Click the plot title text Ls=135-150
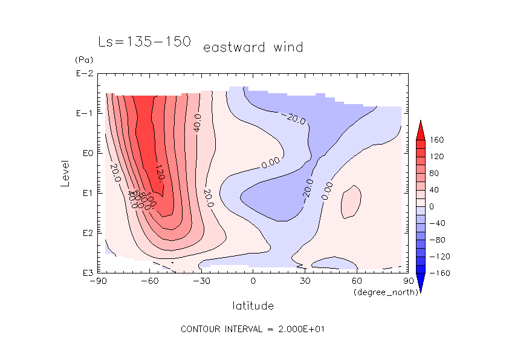pos(144,42)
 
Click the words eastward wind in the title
pos(253,47)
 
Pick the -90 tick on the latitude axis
pos(97,281)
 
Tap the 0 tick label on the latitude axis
pos(253,281)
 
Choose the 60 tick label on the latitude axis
pos(357,281)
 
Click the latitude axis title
pos(253,306)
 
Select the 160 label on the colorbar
pos(437,140)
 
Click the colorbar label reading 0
pos(433,206)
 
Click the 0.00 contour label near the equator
pos(270,162)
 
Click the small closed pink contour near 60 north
pos(351,201)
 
